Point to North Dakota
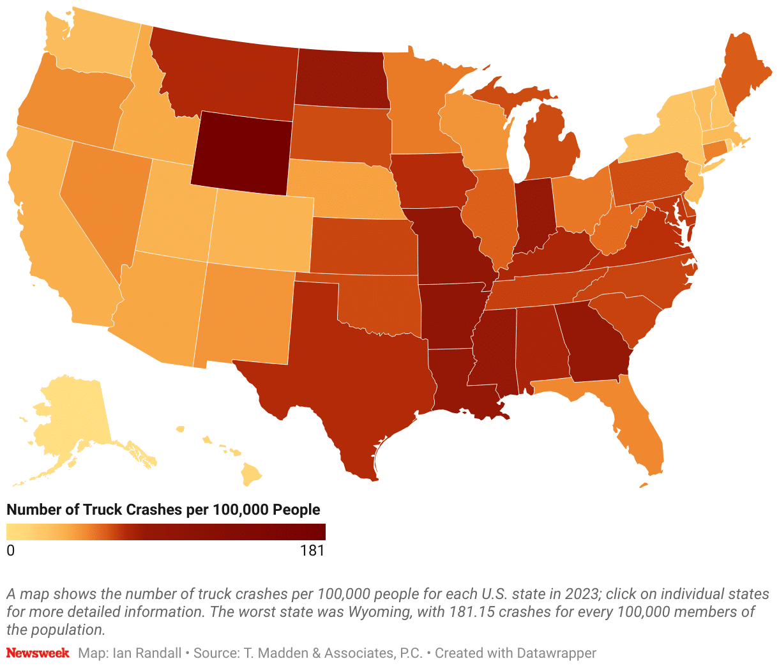(x=342, y=80)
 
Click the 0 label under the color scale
(x=11, y=550)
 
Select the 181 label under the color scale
(x=312, y=550)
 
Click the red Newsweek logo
(x=38, y=653)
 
